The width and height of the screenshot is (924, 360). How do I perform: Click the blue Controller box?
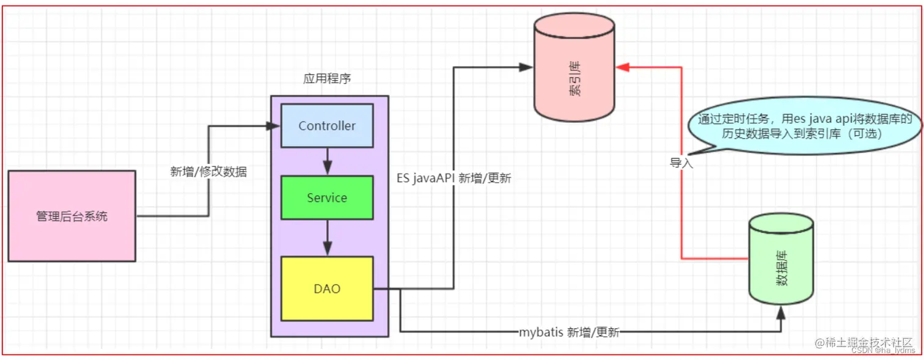coord(326,126)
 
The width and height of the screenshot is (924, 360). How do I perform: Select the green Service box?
coord(326,198)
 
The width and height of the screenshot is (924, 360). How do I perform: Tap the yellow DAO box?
coord(326,288)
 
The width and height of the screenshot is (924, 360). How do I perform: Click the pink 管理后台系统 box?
coord(71,216)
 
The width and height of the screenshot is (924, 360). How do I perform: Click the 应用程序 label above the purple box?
coord(327,79)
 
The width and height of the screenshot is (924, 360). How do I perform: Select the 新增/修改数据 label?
coord(208,172)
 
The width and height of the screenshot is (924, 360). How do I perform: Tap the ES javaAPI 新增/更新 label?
coord(454,178)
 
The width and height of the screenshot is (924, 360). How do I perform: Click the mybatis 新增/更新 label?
coord(569,332)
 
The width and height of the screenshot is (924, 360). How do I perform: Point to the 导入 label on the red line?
coord(681,163)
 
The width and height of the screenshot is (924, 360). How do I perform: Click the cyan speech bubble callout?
coord(801,127)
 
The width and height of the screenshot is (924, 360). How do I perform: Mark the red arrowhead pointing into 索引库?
coord(621,67)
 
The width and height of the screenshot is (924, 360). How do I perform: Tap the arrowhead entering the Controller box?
coord(274,126)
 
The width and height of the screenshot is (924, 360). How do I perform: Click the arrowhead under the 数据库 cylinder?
coord(781,311)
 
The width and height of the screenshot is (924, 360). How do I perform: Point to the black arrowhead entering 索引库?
coord(526,67)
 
